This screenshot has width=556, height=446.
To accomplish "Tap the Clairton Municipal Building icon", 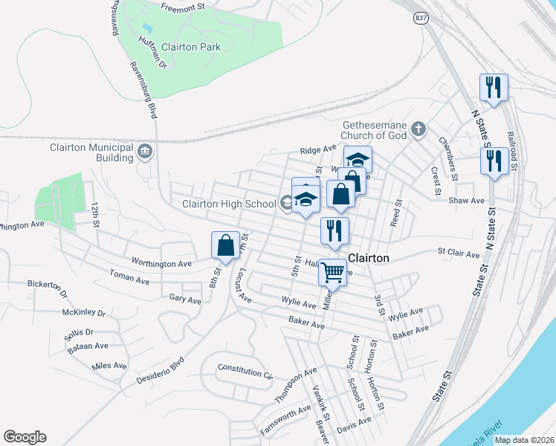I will (x=145, y=152).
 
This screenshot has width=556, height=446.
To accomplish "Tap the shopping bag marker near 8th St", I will (x=225, y=246).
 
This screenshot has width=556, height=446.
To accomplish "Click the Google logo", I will (x=25, y=437).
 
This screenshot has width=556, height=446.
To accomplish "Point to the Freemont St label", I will (x=183, y=7).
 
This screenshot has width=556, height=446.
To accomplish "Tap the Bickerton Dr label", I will (x=47, y=285).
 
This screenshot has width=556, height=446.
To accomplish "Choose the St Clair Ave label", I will (x=459, y=253).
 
